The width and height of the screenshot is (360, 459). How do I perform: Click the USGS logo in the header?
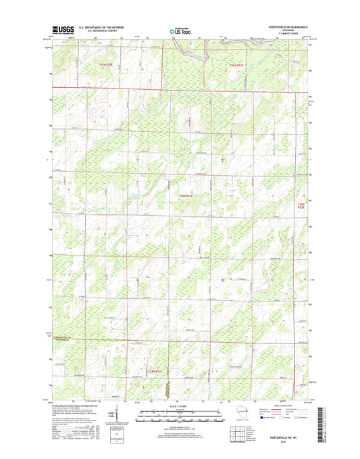61,30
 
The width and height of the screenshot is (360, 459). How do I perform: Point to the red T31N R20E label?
105,65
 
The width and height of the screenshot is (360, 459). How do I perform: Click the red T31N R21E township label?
239,65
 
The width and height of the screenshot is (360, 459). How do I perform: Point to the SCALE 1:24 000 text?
180,406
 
